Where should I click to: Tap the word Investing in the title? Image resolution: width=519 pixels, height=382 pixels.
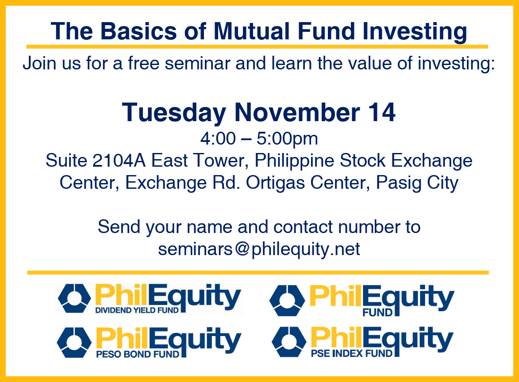click(x=415, y=32)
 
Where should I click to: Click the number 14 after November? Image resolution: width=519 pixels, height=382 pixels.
click(x=382, y=112)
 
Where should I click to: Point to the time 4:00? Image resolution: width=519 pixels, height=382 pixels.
click(x=218, y=138)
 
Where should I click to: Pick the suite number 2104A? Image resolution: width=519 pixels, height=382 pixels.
click(x=119, y=161)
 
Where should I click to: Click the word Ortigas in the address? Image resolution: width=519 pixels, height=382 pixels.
click(x=275, y=183)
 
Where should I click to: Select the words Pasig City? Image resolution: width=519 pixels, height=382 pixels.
click(x=417, y=183)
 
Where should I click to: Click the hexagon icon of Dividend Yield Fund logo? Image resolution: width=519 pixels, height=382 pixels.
click(x=74, y=298)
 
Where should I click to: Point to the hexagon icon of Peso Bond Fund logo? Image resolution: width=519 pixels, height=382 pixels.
click(x=74, y=342)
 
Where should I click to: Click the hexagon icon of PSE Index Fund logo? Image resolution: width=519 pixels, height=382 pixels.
click(x=289, y=342)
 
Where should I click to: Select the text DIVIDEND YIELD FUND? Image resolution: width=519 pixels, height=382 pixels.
click(x=137, y=310)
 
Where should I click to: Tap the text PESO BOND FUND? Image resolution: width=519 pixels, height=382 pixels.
click(x=137, y=355)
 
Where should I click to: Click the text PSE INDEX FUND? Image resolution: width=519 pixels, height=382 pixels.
click(x=351, y=354)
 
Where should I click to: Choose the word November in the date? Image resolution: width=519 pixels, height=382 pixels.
click(x=297, y=112)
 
